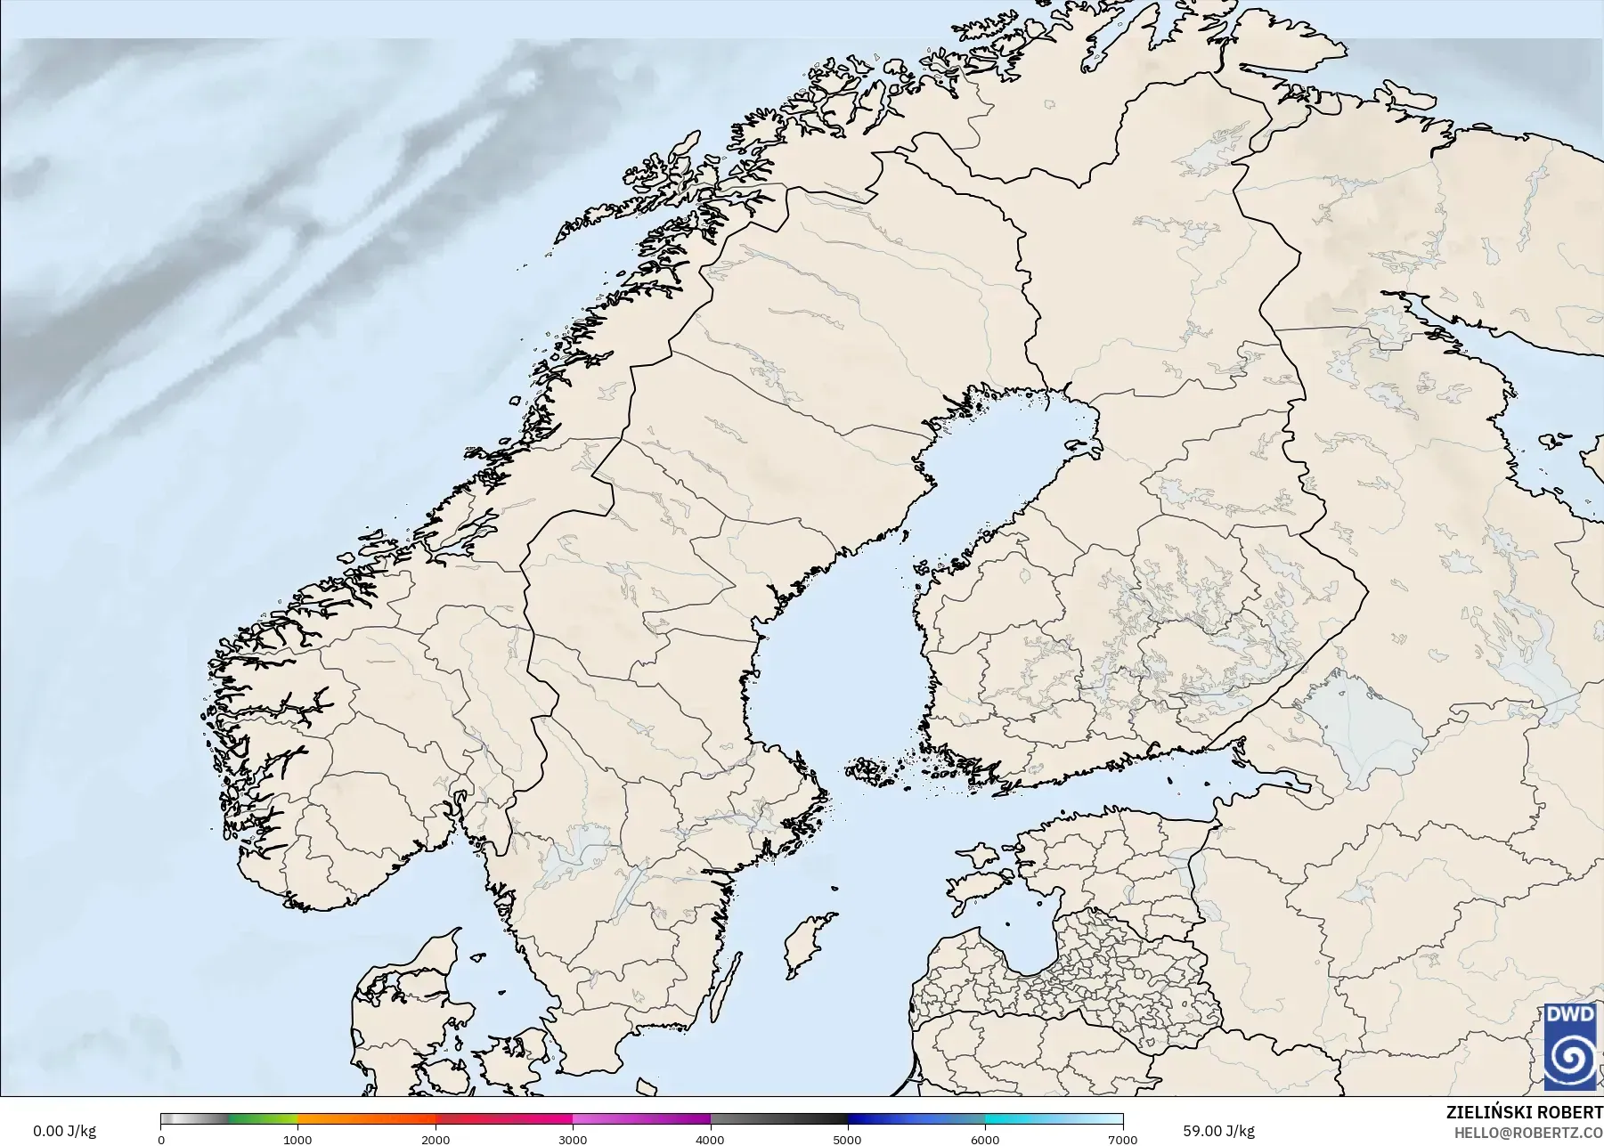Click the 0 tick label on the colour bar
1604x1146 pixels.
coord(161,1139)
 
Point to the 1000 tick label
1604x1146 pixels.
coord(297,1139)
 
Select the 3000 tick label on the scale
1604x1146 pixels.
coord(573,1139)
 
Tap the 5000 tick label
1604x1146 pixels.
coord(847,1139)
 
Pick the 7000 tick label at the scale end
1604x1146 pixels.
coord(1121,1139)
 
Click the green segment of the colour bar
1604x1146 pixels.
coord(263,1119)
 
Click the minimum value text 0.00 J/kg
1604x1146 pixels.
coord(64,1131)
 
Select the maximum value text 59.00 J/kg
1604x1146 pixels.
coord(1218,1131)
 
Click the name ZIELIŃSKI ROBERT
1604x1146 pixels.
coord(1524,1113)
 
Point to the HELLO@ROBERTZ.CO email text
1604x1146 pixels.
coord(1528,1133)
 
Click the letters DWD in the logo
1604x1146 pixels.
coord(1569,1015)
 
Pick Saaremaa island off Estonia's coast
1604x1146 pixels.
coord(975,885)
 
